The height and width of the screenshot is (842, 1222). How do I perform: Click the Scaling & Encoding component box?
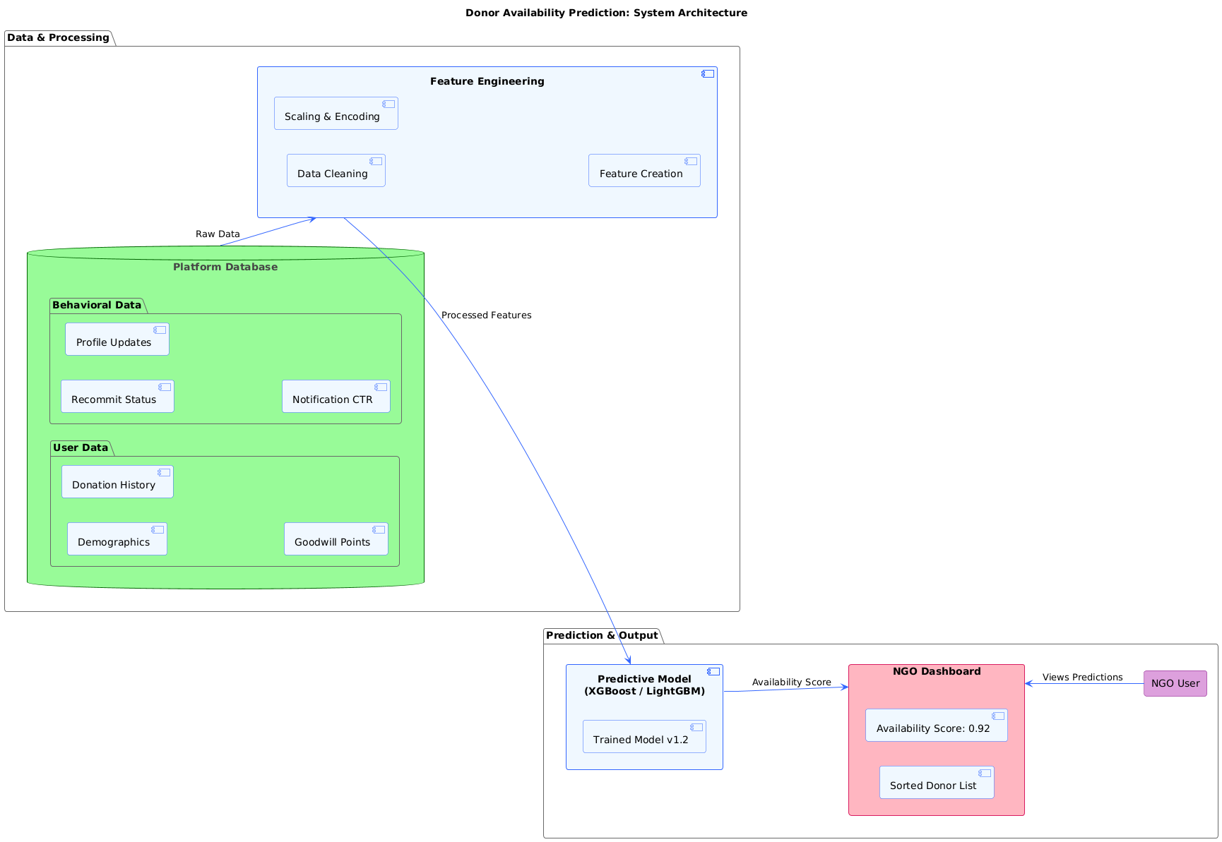[x=336, y=114]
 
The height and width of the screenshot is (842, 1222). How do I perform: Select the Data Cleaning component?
[x=336, y=171]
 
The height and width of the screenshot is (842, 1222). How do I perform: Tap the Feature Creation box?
[x=643, y=171]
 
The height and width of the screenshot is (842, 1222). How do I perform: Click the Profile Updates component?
[x=117, y=339]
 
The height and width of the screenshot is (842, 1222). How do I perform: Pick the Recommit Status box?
[x=117, y=397]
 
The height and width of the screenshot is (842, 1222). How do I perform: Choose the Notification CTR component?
[x=336, y=397]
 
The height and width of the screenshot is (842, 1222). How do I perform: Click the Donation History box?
[x=117, y=482]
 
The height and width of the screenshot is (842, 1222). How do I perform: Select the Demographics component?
[x=117, y=539]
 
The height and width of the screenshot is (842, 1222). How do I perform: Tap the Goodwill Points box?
[x=336, y=539]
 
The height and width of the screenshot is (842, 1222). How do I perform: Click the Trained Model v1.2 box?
[x=643, y=737]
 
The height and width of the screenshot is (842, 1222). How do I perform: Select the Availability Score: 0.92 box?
[x=936, y=726]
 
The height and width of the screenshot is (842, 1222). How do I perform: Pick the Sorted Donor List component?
[x=936, y=783]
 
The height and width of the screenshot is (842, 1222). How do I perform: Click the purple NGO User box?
[x=1175, y=683]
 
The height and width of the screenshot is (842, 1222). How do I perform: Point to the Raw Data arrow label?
[x=218, y=234]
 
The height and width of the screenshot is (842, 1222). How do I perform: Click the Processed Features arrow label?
[x=486, y=315]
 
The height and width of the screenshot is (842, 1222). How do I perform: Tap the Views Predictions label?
[x=1082, y=678]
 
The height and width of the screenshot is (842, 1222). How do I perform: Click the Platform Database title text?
[x=225, y=267]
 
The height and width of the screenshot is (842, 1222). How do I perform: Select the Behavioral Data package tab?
[x=97, y=305]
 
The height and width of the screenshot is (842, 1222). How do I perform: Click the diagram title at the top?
[x=606, y=13]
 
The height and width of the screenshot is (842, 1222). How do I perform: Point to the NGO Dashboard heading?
[x=936, y=671]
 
